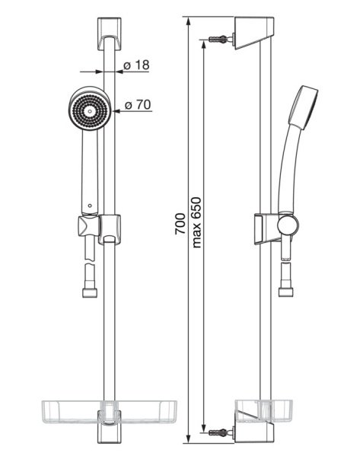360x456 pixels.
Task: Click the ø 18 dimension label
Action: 136,65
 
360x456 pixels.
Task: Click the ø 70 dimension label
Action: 138,105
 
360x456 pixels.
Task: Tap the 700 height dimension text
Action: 180,224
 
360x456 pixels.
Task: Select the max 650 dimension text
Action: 196,222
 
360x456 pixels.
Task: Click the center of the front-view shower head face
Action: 90,110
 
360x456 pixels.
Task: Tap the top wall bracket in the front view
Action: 109,34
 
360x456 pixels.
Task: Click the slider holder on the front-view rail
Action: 110,229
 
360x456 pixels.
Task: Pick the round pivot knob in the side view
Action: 288,225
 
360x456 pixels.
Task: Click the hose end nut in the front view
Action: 90,293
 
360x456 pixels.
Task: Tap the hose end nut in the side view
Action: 286,292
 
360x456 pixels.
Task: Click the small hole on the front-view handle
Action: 90,206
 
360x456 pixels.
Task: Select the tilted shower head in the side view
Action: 303,107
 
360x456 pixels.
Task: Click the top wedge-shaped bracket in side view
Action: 253,33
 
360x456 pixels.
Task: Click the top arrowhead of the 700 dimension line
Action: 189,21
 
